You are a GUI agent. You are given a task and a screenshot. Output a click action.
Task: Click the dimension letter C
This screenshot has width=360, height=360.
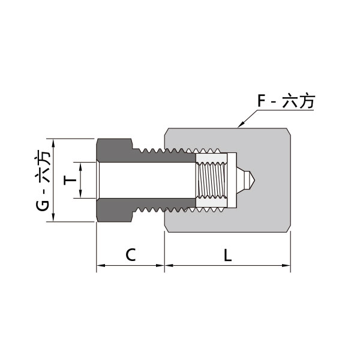pyautogui.click(x=130, y=254)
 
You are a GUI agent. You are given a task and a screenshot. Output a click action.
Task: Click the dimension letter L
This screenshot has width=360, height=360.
pyautogui.click(x=227, y=254)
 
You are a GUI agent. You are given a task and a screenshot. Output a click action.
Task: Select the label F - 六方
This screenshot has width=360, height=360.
pyautogui.click(x=286, y=101)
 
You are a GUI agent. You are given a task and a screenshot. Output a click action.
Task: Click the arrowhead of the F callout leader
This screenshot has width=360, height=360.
pyautogui.click(x=241, y=126)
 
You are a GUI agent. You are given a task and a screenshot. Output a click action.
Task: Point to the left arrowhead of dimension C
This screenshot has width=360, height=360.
pyautogui.click(x=100, y=265)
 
